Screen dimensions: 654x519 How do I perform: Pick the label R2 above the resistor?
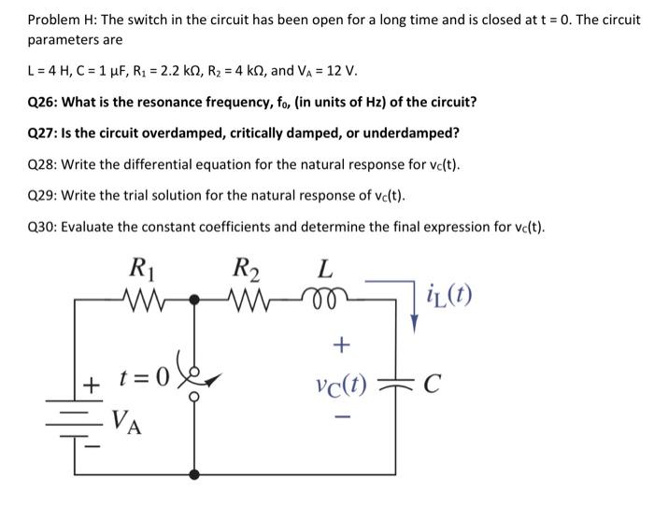[247, 272]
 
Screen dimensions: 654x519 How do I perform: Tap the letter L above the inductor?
[323, 271]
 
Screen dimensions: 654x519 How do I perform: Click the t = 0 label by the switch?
[144, 382]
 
